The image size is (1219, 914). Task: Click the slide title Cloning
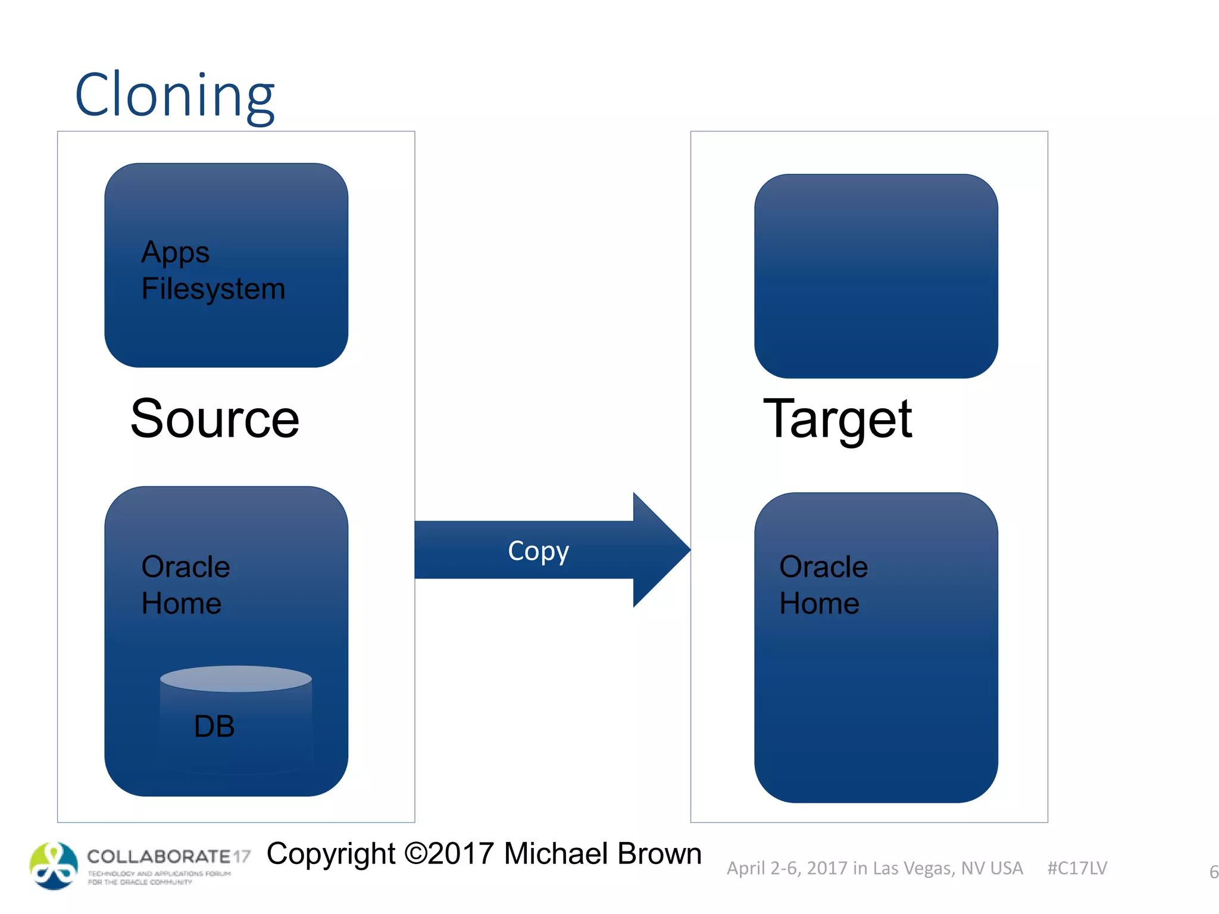(174, 95)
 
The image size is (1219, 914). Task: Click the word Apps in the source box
(175, 252)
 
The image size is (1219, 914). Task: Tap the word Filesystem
(213, 289)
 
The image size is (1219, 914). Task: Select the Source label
(214, 419)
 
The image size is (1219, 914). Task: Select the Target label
(837, 419)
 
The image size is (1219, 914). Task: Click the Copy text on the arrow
(538, 551)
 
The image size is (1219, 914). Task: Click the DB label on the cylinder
(214, 727)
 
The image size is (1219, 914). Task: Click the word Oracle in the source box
(186, 566)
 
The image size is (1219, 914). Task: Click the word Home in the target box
(819, 603)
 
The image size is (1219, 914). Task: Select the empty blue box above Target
(876, 276)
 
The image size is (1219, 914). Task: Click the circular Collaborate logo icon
(54, 866)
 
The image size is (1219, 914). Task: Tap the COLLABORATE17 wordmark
(168, 857)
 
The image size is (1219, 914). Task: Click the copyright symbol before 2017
(415, 854)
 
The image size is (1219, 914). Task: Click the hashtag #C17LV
(1077, 868)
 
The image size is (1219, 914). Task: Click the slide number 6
(1213, 872)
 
